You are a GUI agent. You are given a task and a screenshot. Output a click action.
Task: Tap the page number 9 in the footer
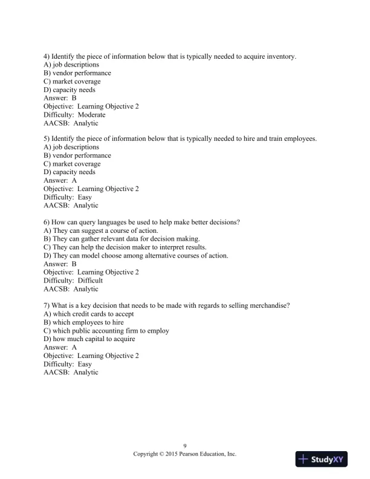(x=184, y=446)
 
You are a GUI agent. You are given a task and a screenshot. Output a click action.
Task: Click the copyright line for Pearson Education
(x=184, y=454)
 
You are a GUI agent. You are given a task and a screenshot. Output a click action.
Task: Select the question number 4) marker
(x=47, y=56)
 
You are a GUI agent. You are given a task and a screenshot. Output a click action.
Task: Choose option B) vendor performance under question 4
(x=77, y=73)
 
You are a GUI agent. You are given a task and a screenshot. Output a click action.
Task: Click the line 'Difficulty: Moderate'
(x=74, y=115)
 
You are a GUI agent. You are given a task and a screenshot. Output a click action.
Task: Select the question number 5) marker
(x=47, y=139)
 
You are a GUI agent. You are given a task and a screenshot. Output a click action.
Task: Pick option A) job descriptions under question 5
(x=71, y=147)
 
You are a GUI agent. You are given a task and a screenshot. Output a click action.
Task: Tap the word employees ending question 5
(x=300, y=139)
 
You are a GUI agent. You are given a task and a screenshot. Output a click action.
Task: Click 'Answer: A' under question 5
(x=60, y=180)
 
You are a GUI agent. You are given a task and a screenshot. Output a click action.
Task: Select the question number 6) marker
(x=47, y=222)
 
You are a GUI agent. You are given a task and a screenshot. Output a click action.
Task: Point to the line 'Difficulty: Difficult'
(x=73, y=281)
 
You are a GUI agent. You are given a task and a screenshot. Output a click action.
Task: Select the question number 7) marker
(x=47, y=305)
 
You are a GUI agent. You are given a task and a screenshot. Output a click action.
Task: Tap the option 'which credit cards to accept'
(x=89, y=314)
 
